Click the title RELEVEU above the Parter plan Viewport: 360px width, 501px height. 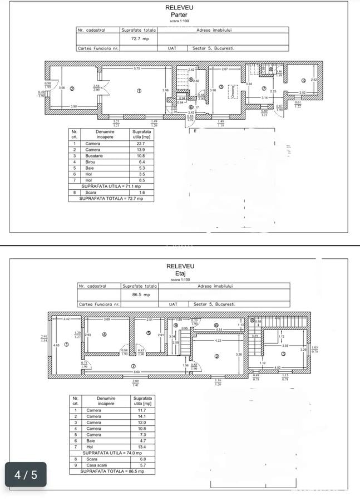(180, 7)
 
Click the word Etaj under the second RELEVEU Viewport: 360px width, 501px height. (180, 273)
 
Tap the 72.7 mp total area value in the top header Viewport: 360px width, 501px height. (139, 39)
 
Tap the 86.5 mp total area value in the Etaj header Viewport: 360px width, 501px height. (139, 295)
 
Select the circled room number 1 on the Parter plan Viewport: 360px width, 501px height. (139, 90)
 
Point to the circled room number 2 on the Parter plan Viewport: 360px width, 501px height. (71, 88)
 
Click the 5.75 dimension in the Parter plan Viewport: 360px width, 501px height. (136, 68)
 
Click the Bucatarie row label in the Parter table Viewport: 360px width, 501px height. (93, 156)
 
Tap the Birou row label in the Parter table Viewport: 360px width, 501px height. (90, 162)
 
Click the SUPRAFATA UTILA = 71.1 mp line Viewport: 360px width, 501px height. (111, 186)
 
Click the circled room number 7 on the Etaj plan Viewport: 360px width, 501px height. (133, 366)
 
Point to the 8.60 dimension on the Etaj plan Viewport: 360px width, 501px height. (137, 371)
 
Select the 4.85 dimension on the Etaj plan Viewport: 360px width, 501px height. (56, 345)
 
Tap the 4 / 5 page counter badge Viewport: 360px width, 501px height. (26, 475)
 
